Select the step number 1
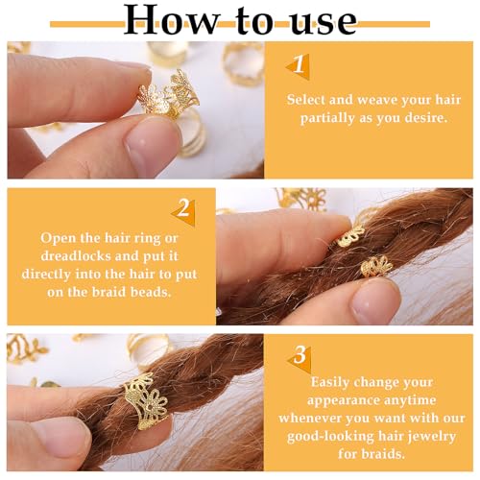click(x=299, y=64)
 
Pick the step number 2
click(x=181, y=208)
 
